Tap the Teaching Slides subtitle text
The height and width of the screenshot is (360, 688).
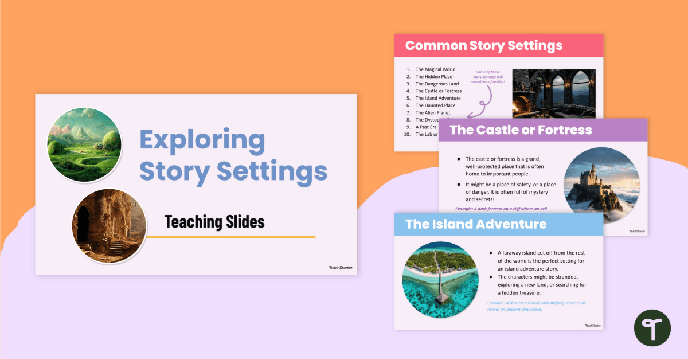(214, 222)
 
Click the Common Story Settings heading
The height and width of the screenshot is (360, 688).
(484, 46)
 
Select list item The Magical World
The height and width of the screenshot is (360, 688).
(435, 69)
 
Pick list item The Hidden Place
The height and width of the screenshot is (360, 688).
(433, 77)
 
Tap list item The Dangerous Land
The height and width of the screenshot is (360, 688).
(437, 84)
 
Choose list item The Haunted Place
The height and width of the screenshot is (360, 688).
(435, 105)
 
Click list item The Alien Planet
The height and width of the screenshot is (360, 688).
(433, 113)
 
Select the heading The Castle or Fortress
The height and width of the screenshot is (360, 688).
(521, 130)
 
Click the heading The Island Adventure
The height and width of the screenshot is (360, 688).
(476, 224)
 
